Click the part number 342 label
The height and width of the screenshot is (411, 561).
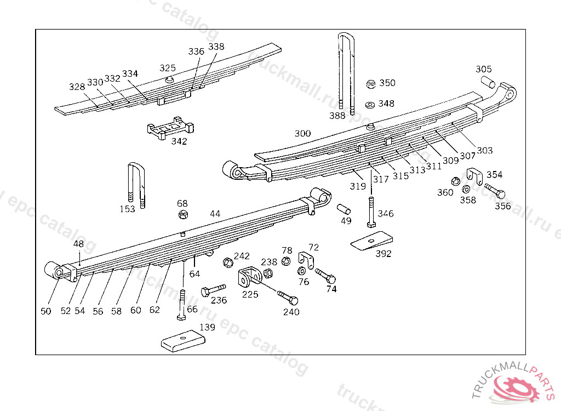pos(179,141)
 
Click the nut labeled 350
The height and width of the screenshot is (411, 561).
pos(371,84)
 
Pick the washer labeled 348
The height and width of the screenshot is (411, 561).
pos(370,104)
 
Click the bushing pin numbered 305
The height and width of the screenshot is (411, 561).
pos(488,82)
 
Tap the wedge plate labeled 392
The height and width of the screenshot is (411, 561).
pos(372,241)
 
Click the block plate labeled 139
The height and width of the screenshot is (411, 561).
pos(183,340)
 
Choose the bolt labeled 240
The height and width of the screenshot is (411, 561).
pos(288,298)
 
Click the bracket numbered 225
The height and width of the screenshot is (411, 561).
pos(249,277)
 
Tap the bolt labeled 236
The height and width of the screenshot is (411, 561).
pos(213,289)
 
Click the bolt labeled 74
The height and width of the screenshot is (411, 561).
pos(324,276)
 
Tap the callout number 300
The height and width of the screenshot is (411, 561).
pos(302,133)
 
